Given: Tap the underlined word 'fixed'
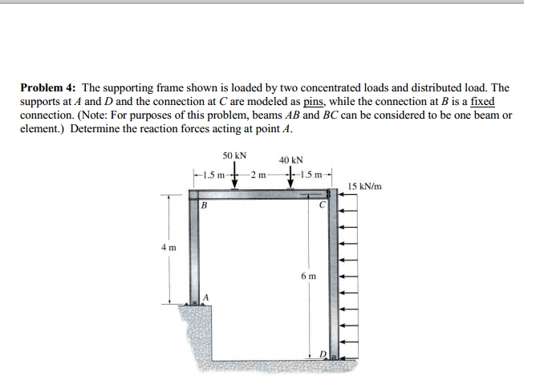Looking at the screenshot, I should [482, 102].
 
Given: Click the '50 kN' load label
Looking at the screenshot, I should [234, 155].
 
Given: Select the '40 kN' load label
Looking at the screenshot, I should [290, 160].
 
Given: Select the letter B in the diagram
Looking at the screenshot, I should [204, 205].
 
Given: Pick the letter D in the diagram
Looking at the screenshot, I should [323, 354].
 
